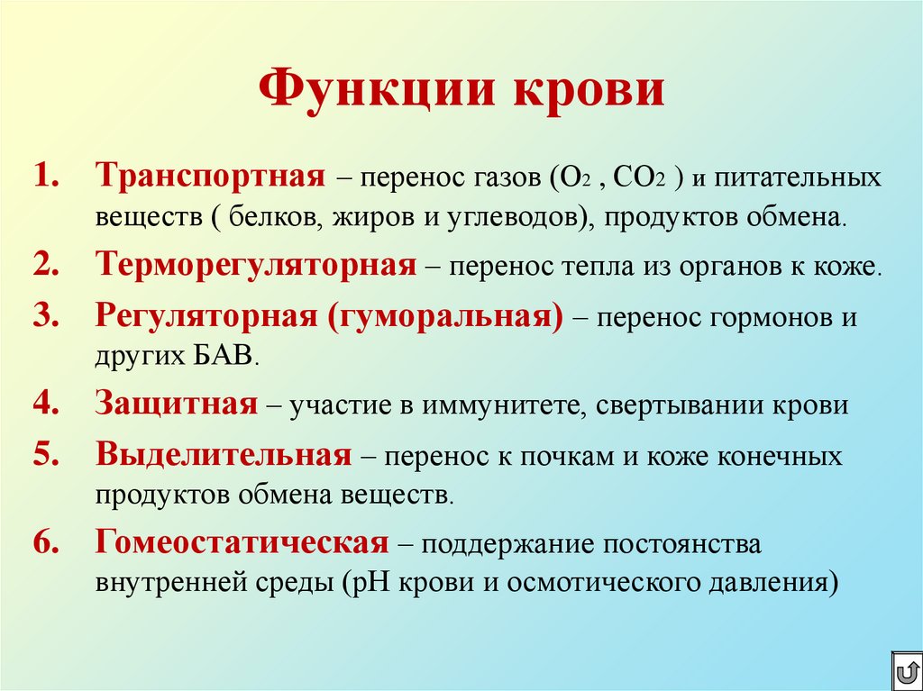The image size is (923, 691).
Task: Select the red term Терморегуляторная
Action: click(256, 266)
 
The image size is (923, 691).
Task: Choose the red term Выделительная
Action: click(224, 455)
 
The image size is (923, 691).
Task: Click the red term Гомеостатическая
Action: click(242, 543)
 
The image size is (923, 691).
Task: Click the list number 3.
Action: click(46, 317)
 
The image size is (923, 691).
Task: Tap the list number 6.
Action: click(46, 543)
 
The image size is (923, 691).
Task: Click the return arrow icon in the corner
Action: click(905, 671)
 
